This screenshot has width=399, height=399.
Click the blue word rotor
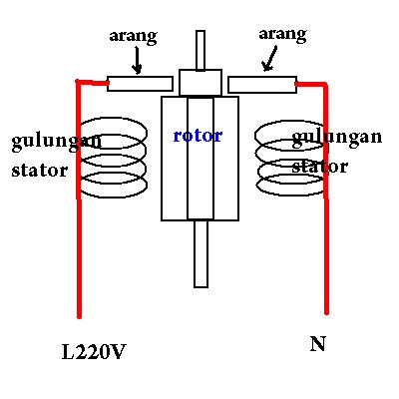click(x=198, y=135)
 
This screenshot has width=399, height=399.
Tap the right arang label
click(x=282, y=34)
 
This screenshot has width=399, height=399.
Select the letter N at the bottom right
click(x=318, y=345)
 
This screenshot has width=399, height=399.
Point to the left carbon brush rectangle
click(x=141, y=83)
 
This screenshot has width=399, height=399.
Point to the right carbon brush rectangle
click(x=260, y=83)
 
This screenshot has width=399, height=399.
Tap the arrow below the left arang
click(x=137, y=62)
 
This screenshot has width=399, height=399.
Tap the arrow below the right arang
click(x=268, y=62)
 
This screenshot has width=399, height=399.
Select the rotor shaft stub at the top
click(x=200, y=50)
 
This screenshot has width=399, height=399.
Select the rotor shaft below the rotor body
click(x=200, y=253)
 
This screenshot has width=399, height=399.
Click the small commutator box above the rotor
click(x=200, y=82)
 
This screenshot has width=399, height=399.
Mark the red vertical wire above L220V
click(x=78, y=249)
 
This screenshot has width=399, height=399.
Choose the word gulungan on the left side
click(x=56, y=141)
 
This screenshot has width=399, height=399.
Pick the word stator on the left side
click(x=40, y=170)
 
